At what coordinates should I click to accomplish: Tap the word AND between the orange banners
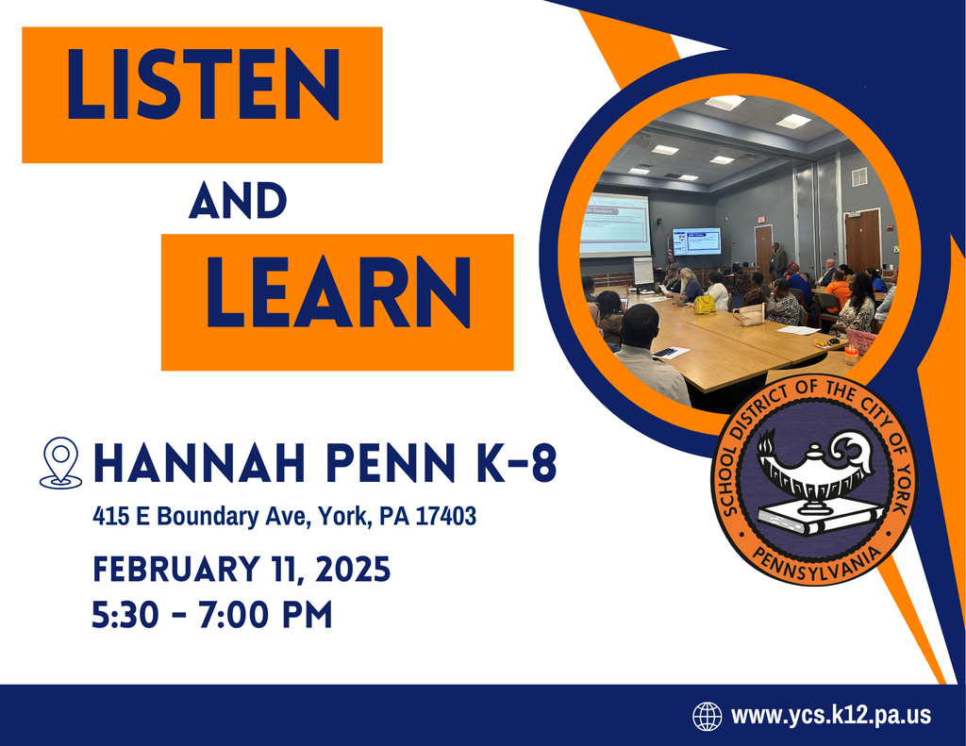tap(237, 202)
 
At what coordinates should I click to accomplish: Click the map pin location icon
tap(61, 462)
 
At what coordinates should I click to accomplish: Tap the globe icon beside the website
tap(707, 716)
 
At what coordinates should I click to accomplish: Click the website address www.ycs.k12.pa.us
tap(831, 716)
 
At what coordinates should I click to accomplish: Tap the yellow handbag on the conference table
tap(704, 304)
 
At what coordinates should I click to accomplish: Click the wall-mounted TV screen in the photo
tap(696, 240)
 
